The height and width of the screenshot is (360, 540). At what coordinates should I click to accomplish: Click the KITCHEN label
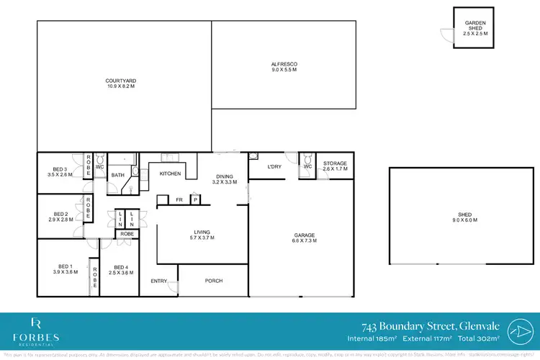click(x=170, y=174)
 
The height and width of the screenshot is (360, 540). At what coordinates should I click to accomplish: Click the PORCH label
click(x=214, y=281)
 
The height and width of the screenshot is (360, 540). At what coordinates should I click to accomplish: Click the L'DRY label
click(x=274, y=167)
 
